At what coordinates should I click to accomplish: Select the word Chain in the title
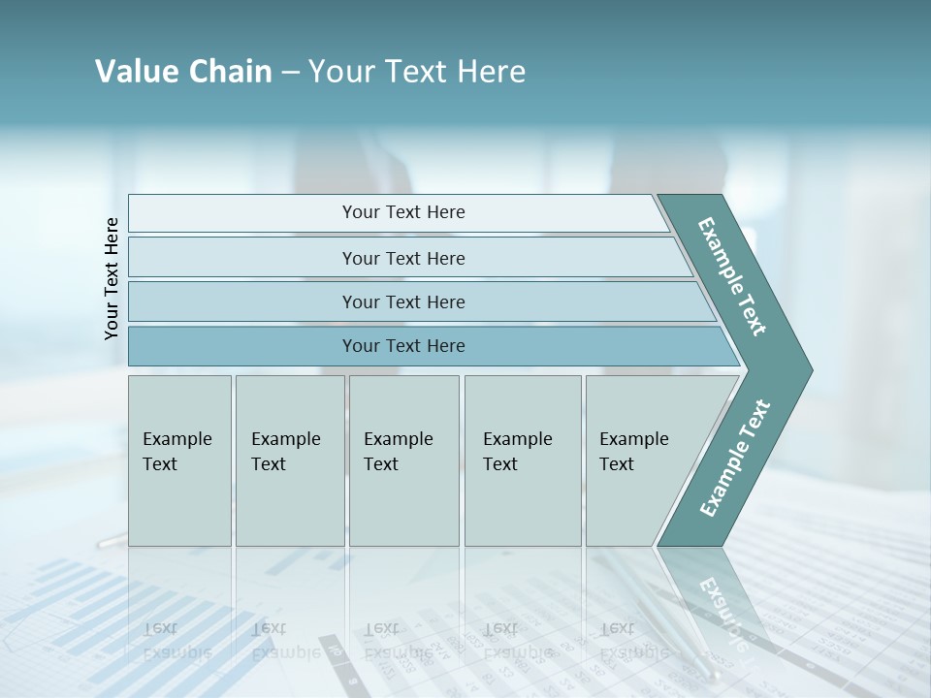230,72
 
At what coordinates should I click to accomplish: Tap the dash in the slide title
290,73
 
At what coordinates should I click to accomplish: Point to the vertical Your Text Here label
112,278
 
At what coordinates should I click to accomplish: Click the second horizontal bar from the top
403,258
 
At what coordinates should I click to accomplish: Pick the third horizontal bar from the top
403,301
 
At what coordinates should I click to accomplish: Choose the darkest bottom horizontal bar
403,346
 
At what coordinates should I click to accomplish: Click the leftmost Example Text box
179,460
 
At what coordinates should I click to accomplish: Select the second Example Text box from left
289,460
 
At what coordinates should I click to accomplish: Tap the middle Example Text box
403,460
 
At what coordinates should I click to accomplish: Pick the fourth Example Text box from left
522,460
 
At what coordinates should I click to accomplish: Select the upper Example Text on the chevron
732,276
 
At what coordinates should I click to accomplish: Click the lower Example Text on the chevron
734,459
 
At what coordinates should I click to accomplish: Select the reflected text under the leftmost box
177,641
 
